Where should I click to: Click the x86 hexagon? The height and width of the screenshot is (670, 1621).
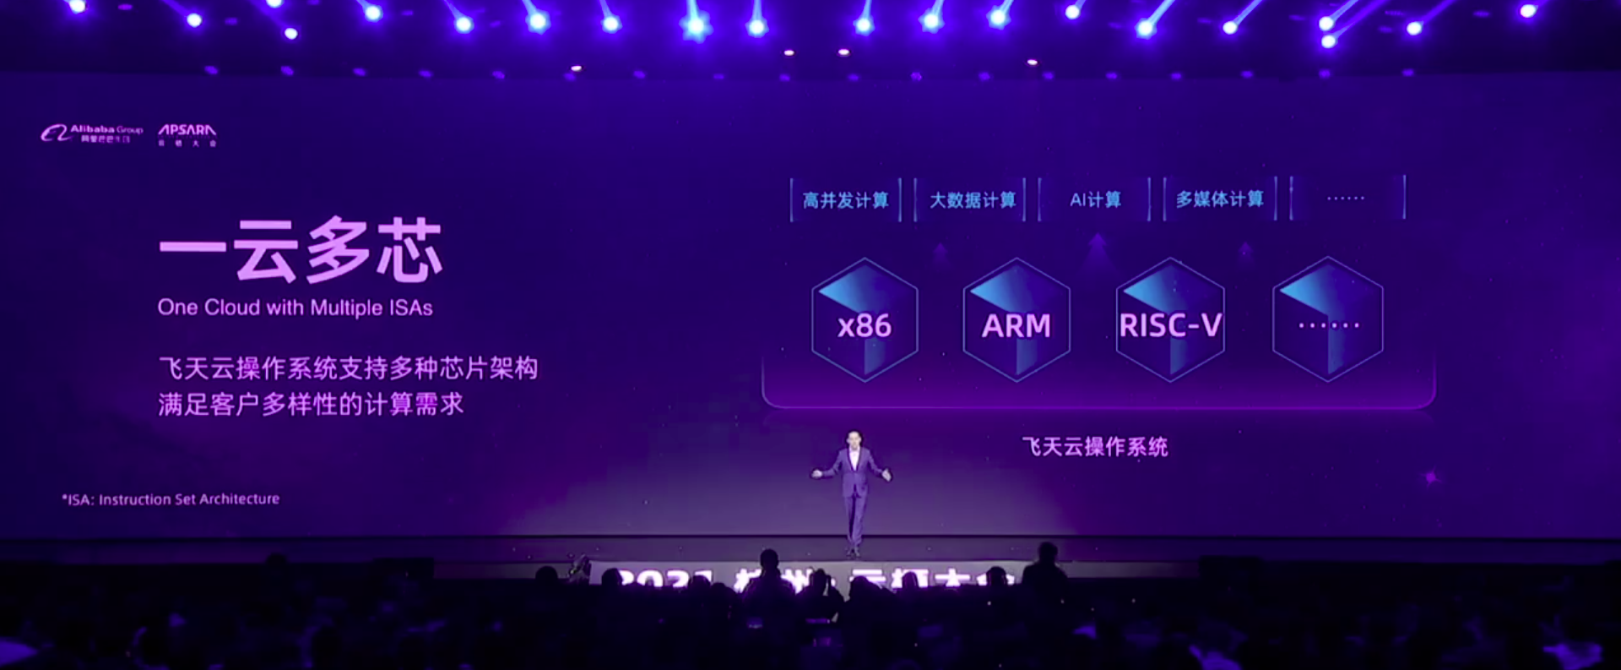coord(865,321)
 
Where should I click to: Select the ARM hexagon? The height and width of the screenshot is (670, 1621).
coord(1017,321)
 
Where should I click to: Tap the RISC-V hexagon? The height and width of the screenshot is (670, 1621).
coord(1170,321)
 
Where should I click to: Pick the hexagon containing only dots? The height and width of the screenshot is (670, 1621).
coord(1328,321)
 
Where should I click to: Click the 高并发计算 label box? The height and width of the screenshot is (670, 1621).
coord(845,200)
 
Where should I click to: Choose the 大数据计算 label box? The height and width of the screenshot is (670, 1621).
coord(972,200)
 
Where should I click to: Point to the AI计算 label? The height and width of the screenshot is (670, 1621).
coord(1095,200)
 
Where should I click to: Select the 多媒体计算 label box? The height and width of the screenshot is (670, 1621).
coord(1219,200)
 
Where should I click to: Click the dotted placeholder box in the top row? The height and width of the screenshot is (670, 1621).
coord(1346,199)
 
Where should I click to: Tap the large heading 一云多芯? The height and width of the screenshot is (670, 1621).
coord(301,251)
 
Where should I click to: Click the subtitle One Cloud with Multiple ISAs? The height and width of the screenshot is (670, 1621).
coord(295,308)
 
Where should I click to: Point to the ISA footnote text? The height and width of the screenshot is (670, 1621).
coord(171,499)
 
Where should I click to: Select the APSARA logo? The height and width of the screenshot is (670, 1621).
coord(187,133)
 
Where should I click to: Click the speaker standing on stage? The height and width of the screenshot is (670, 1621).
coord(854,490)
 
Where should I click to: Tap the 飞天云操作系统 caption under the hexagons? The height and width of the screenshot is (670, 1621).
coord(1094,447)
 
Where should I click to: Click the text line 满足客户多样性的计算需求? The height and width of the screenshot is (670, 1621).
coord(311,405)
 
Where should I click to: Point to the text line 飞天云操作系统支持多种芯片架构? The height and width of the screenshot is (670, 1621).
coord(348,368)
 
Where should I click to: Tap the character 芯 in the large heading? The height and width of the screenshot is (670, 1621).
coord(409,251)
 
